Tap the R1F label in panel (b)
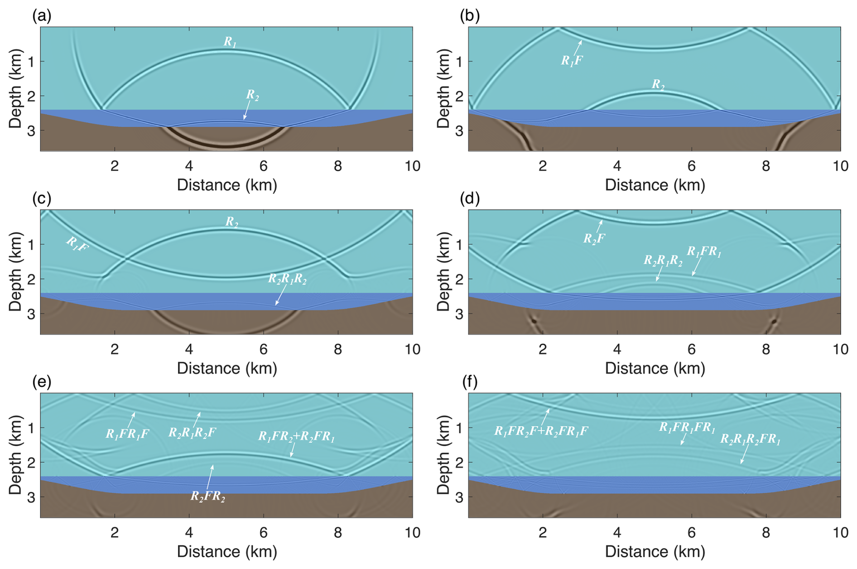(572, 61)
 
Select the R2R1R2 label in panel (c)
(287, 279)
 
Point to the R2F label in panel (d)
(594, 238)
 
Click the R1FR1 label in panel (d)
(704, 252)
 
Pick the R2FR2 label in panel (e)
(207, 497)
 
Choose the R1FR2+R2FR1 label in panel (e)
(296, 437)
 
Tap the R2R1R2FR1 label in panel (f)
(750, 439)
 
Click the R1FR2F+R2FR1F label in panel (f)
(541, 431)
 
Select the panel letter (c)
(42, 198)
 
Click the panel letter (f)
(470, 382)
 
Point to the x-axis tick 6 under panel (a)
(264, 166)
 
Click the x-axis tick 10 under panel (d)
(840, 349)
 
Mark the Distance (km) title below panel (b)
(655, 185)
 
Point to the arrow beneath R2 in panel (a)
(246, 111)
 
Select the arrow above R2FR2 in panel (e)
(210, 477)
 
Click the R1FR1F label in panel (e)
(127, 434)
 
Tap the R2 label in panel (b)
(658, 85)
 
